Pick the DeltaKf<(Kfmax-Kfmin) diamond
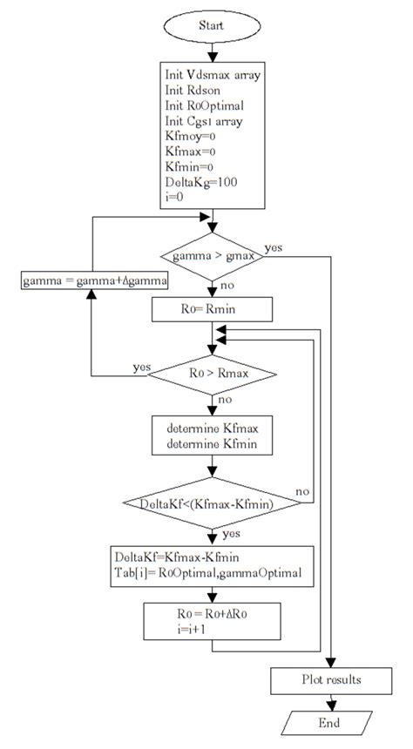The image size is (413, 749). tap(212, 503)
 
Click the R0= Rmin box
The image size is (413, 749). tap(212, 308)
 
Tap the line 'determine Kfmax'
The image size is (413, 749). tap(213, 428)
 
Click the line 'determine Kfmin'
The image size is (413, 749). tap(213, 444)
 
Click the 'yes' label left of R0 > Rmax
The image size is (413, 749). tap(140, 367)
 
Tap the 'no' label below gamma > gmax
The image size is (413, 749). tap(227, 284)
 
